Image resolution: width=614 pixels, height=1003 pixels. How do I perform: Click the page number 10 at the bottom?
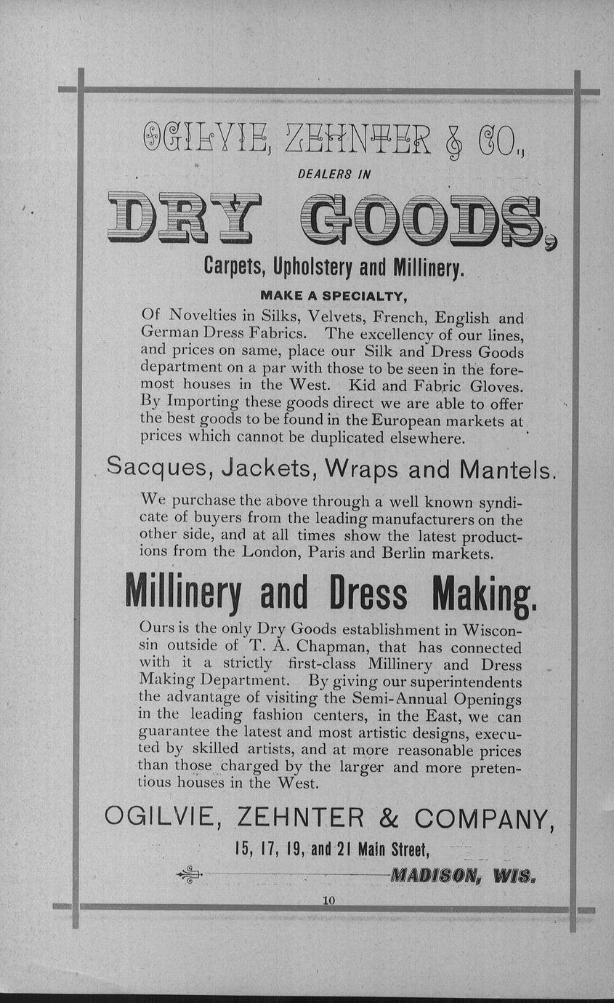328,900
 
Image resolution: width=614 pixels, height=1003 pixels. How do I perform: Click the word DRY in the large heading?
184,218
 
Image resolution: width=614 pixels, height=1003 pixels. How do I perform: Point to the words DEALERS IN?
334,174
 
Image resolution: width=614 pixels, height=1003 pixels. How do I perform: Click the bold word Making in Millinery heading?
484,594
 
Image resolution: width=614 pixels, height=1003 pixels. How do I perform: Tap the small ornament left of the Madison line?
190,874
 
